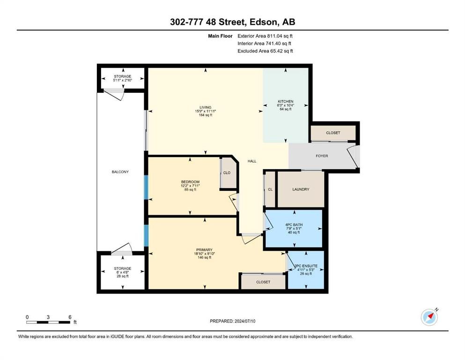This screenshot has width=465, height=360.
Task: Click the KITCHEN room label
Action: [x=286, y=101]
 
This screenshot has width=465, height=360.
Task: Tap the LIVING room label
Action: [x=205, y=106]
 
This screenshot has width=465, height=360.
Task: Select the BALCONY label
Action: [x=120, y=172]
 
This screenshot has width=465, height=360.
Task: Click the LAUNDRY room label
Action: [x=301, y=189]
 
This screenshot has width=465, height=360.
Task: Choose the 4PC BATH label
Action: [x=293, y=225]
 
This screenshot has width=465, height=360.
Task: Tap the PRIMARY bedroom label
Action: [x=205, y=249]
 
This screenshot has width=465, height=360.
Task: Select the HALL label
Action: [x=252, y=161]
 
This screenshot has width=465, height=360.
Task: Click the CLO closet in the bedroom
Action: [x=227, y=172]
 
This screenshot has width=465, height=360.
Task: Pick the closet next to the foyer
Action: [x=333, y=133]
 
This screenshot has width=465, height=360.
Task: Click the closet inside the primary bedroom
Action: [x=263, y=282]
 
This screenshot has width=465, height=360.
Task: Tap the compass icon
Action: [x=429, y=317]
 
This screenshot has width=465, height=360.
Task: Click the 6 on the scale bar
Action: [x=70, y=317]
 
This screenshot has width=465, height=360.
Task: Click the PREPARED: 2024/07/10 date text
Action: [x=232, y=321]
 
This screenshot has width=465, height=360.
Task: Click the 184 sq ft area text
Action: [x=205, y=115]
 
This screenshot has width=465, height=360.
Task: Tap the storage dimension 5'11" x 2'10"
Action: [x=122, y=81]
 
